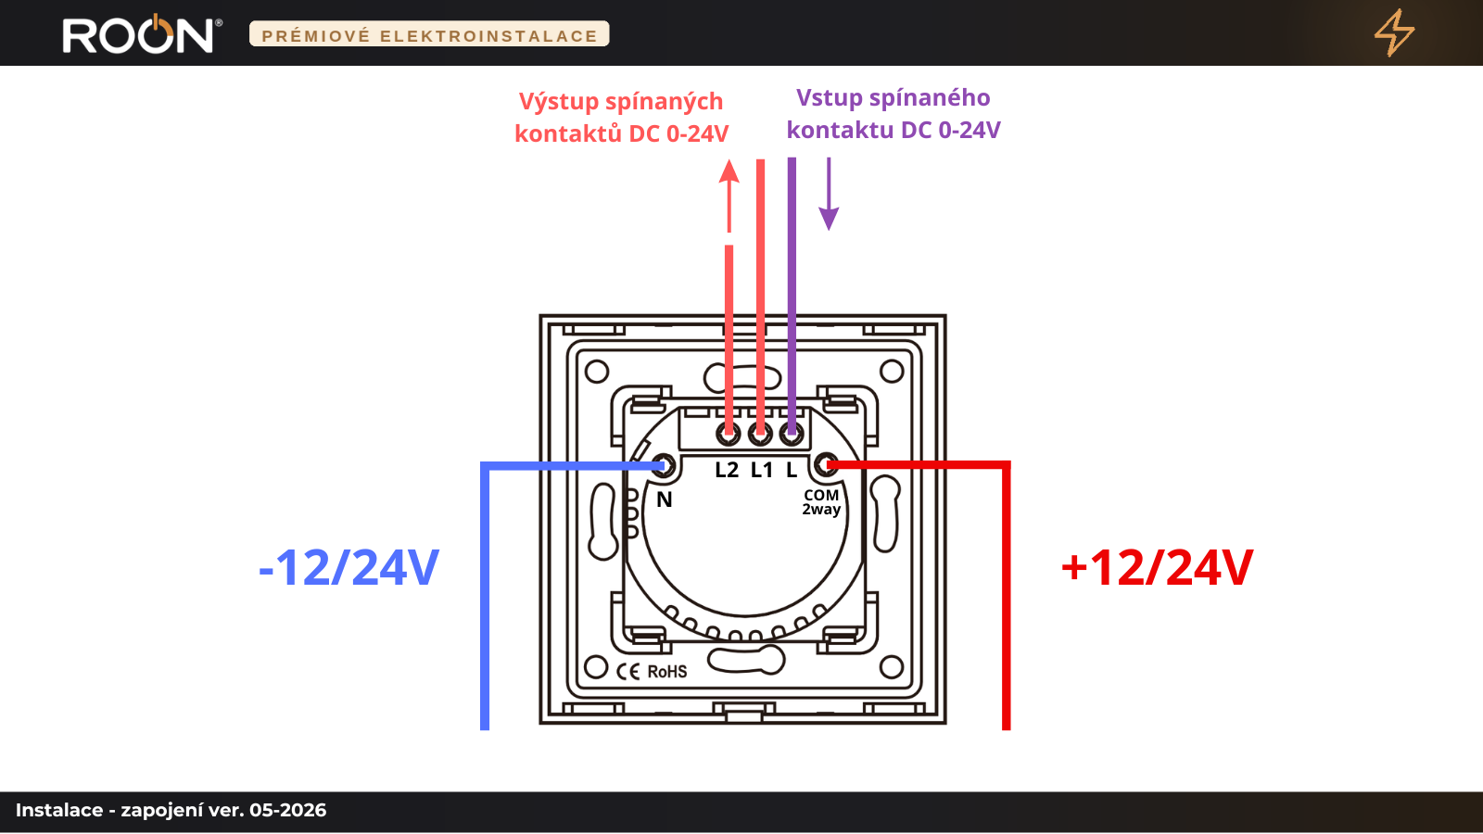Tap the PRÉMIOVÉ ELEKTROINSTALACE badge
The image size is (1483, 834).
(x=429, y=33)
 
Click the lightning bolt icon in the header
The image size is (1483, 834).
(x=1394, y=32)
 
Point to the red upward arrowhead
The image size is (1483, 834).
(x=729, y=171)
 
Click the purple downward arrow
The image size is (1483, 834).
(x=829, y=194)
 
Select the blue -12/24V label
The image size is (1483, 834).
(x=349, y=567)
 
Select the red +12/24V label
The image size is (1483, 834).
(x=1157, y=567)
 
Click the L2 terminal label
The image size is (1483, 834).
(x=727, y=470)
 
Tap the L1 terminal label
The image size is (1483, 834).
(x=762, y=470)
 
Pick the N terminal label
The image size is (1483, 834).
(x=664, y=499)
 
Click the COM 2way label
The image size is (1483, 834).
(x=821, y=502)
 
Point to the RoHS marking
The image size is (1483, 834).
(x=666, y=672)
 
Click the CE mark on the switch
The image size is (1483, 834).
(x=628, y=672)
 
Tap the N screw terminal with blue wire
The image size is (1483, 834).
(x=664, y=466)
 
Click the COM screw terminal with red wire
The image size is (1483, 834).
(x=826, y=465)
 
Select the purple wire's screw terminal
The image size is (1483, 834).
(x=792, y=435)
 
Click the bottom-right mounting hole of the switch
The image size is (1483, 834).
(x=892, y=666)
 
